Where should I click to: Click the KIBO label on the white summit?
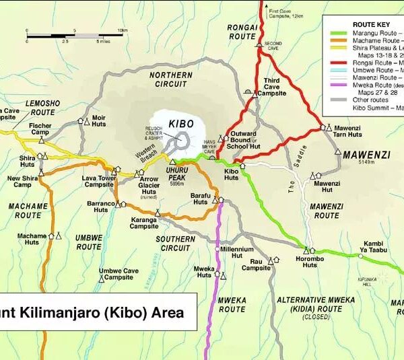[x=181, y=124]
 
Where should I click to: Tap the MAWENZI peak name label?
[x=366, y=154]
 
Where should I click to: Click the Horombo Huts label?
[x=310, y=262]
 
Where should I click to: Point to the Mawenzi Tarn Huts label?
[x=347, y=131]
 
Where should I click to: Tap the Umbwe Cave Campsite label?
[x=118, y=274]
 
